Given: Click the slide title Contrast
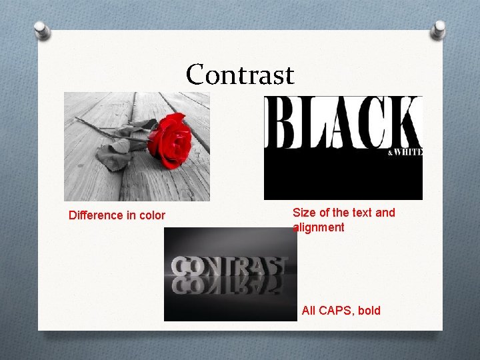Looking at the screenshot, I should click(240, 74).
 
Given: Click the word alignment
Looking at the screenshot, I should click(319, 227).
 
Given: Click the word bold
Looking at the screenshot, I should click(369, 310).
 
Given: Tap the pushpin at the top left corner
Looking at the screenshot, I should click(41, 30).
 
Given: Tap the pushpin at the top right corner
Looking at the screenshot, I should click(439, 29).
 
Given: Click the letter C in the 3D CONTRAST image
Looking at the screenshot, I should click(183, 267).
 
